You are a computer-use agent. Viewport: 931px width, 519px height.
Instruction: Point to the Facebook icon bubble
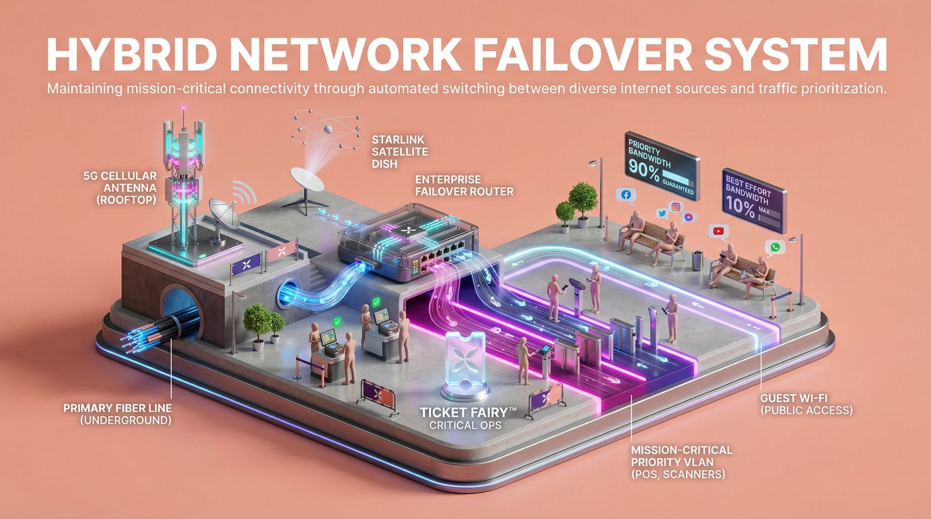626,195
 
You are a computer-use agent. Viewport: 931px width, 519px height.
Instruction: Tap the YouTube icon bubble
718,231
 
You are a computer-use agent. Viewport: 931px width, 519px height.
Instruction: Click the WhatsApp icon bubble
775,247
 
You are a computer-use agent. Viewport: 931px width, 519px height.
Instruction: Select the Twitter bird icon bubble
662,213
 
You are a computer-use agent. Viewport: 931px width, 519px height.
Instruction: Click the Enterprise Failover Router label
464,185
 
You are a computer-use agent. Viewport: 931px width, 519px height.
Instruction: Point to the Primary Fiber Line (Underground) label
117,414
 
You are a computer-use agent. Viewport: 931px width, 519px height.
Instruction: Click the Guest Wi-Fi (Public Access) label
806,404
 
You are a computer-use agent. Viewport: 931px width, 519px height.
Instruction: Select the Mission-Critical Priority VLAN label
681,462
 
